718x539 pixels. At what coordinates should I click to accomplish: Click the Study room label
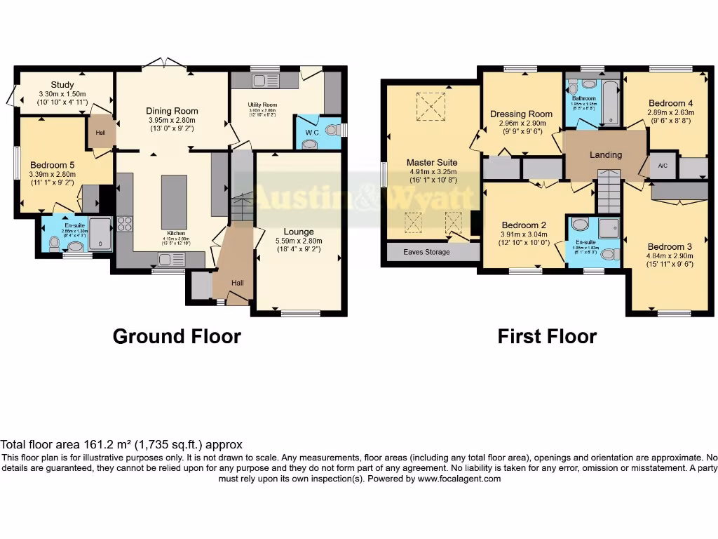point(62,85)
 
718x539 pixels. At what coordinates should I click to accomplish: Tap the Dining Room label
point(172,111)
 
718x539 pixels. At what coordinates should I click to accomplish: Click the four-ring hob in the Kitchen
point(125,224)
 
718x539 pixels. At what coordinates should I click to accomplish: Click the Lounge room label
point(299,232)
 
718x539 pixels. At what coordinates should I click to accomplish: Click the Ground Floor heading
point(177,337)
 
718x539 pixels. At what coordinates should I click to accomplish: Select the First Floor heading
point(547,337)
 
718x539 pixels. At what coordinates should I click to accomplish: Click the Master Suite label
point(432,163)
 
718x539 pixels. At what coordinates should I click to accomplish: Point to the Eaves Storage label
point(427,252)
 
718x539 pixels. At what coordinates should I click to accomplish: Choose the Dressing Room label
point(521,114)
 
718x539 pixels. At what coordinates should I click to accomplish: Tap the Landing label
point(605,155)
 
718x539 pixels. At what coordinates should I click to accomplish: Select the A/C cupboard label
point(663,166)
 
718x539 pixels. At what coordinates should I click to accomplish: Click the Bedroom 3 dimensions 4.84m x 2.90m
point(670,256)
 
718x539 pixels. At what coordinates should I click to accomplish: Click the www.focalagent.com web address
point(460,479)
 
